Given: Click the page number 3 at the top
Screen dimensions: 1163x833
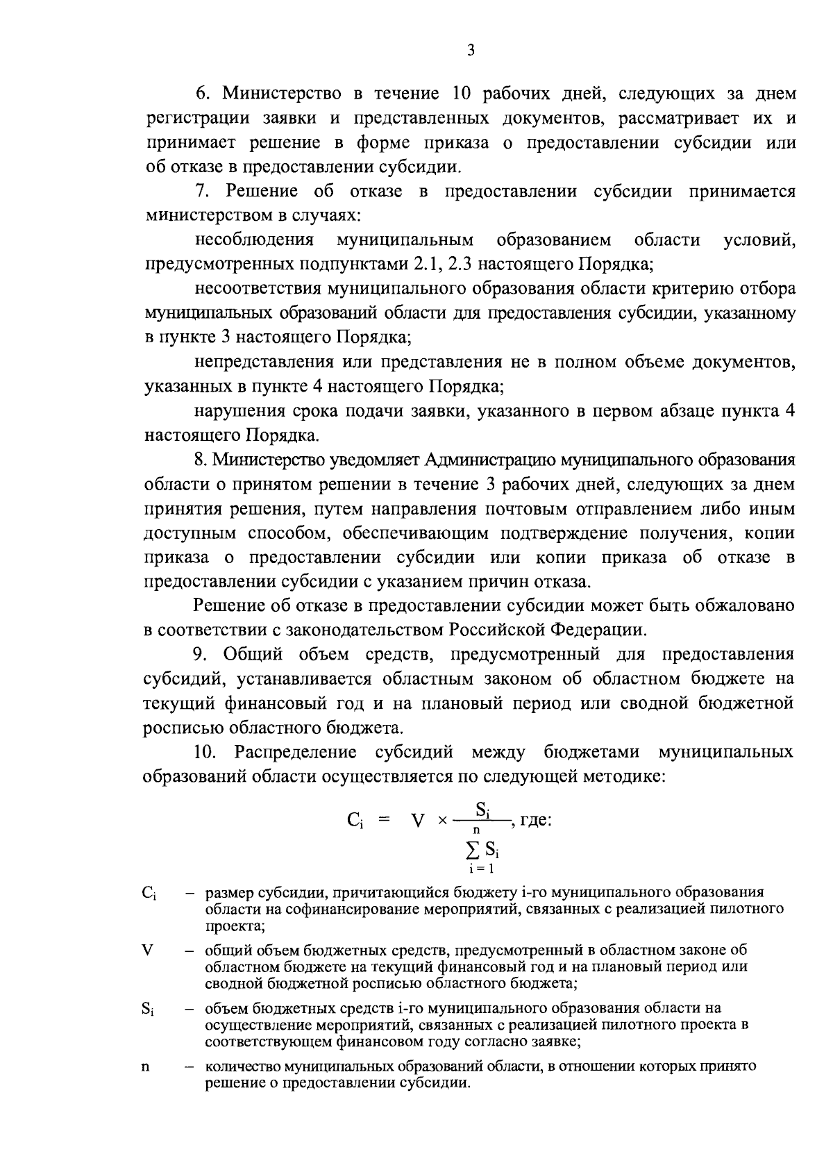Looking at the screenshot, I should [x=471, y=51].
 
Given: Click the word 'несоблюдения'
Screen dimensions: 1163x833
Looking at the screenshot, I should [x=254, y=240].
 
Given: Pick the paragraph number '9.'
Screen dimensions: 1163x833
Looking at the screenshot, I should [x=201, y=655].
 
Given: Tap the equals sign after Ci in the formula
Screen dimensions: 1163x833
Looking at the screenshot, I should [x=383, y=821].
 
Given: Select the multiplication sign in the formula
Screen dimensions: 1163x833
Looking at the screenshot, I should [x=441, y=821].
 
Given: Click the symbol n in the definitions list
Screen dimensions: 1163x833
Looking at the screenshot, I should [x=146, y=1066].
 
